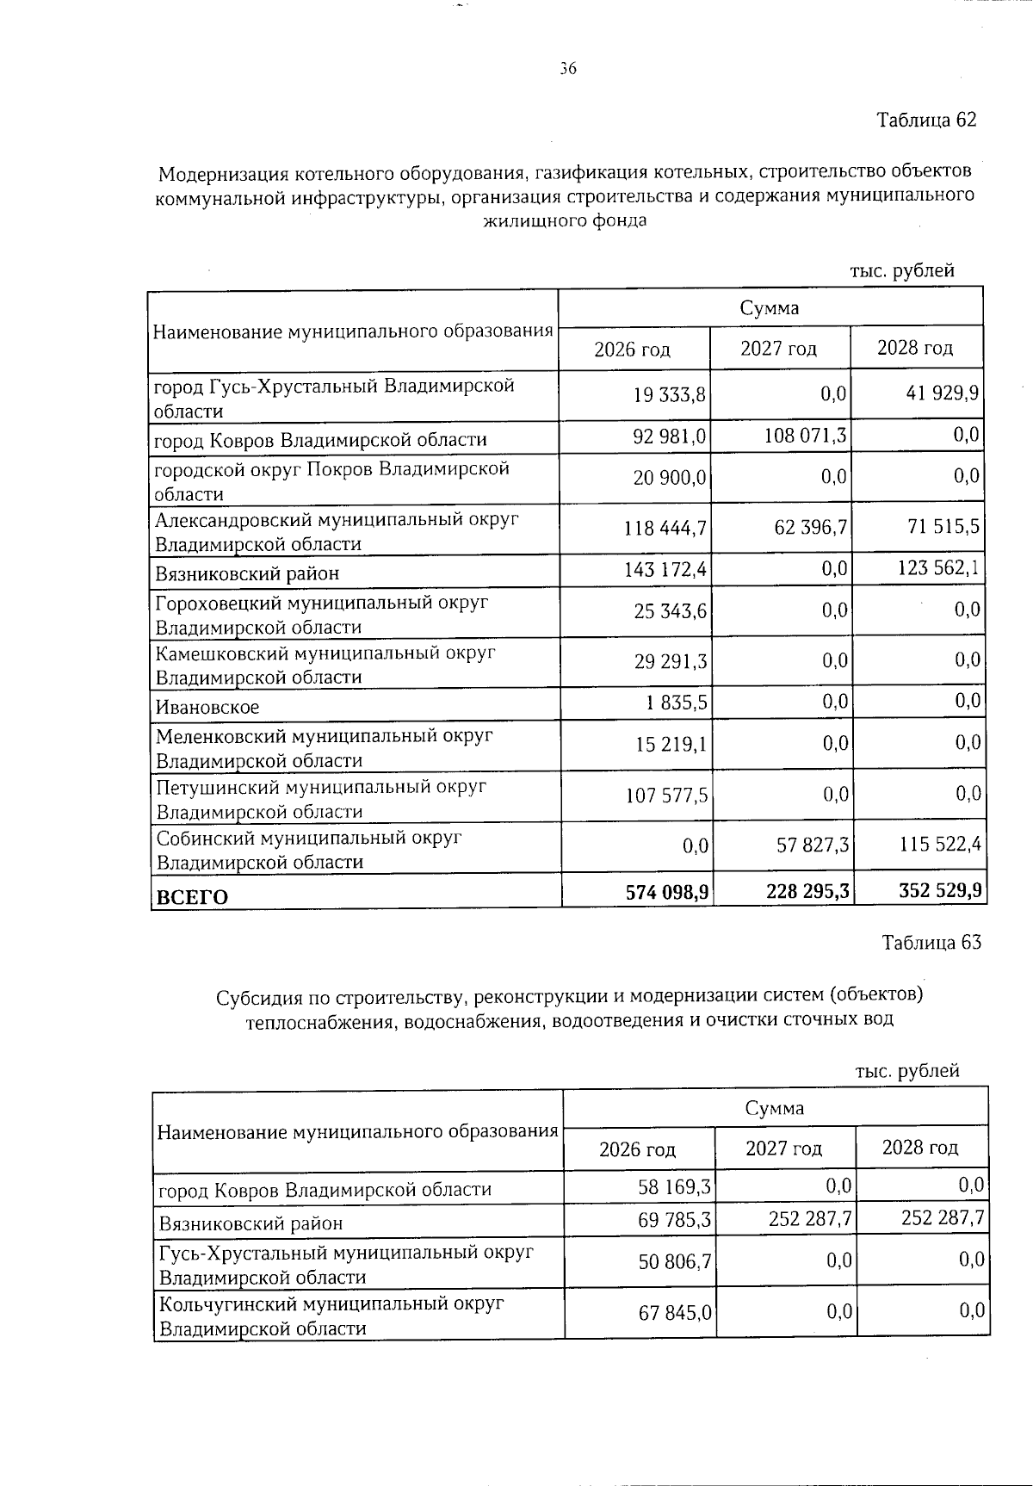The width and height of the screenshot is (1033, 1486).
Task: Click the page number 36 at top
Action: [567, 70]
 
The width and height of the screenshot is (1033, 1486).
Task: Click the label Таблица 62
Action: [926, 120]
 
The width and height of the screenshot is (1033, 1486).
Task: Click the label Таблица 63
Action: [931, 942]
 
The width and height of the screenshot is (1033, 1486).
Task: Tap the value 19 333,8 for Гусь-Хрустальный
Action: [670, 395]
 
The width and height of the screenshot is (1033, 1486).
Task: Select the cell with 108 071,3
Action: [805, 437]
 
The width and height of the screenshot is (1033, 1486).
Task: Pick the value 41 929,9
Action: [941, 395]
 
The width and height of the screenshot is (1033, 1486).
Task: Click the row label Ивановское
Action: [207, 708]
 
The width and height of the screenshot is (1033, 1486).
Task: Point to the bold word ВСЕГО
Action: [191, 897]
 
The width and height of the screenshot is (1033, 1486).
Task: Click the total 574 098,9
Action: [666, 893]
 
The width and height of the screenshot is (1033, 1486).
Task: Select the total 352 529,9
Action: [940, 890]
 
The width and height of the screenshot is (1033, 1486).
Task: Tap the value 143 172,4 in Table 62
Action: [665, 569]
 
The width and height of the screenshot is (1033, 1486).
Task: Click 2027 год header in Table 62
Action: [778, 349]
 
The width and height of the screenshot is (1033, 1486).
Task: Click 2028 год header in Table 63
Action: [919, 1148]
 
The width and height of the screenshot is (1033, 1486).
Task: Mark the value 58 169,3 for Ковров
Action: [674, 1188]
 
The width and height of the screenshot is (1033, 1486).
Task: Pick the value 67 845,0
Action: [675, 1313]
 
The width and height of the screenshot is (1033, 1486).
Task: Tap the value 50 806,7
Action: [675, 1262]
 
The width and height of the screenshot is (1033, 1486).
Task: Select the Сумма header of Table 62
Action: [769, 307]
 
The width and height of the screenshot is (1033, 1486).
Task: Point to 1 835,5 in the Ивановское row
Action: [677, 703]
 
